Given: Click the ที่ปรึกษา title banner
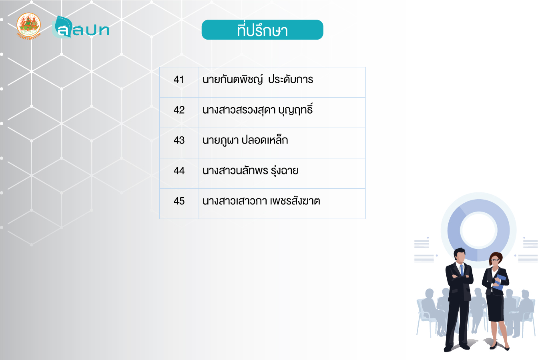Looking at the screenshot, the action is click(x=262, y=30).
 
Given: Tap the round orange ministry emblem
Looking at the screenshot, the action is click(x=28, y=26).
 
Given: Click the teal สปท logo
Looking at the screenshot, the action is click(x=81, y=27).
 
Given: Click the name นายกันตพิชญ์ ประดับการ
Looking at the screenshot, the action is click(x=258, y=79).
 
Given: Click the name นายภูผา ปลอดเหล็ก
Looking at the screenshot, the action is click(x=245, y=140).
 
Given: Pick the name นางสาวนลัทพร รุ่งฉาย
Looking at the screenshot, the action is click(x=250, y=170).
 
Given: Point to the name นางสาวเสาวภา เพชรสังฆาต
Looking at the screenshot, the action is click(x=261, y=201).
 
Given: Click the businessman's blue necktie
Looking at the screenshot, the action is click(x=462, y=270).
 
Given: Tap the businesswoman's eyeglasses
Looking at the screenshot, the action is click(x=495, y=260).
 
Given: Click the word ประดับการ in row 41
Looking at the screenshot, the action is click(x=291, y=80).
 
